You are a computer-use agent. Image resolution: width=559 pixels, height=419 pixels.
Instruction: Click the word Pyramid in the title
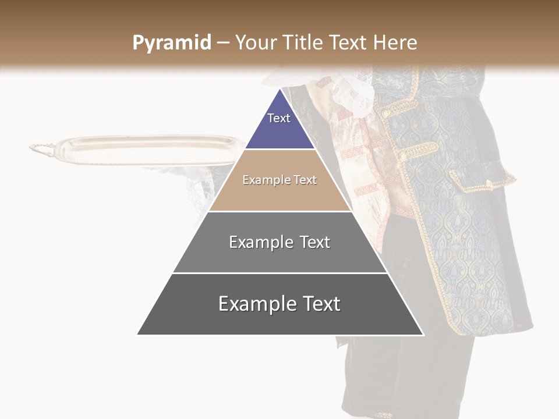click(172, 43)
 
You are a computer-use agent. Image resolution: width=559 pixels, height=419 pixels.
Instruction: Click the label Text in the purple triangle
click(279, 118)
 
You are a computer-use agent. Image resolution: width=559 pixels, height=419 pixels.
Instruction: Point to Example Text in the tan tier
click(279, 180)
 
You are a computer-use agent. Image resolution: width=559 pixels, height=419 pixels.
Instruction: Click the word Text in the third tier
click(311, 242)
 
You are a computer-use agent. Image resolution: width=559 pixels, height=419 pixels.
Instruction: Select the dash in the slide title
click(223, 43)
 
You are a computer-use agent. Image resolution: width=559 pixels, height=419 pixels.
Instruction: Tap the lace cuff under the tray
click(198, 186)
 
